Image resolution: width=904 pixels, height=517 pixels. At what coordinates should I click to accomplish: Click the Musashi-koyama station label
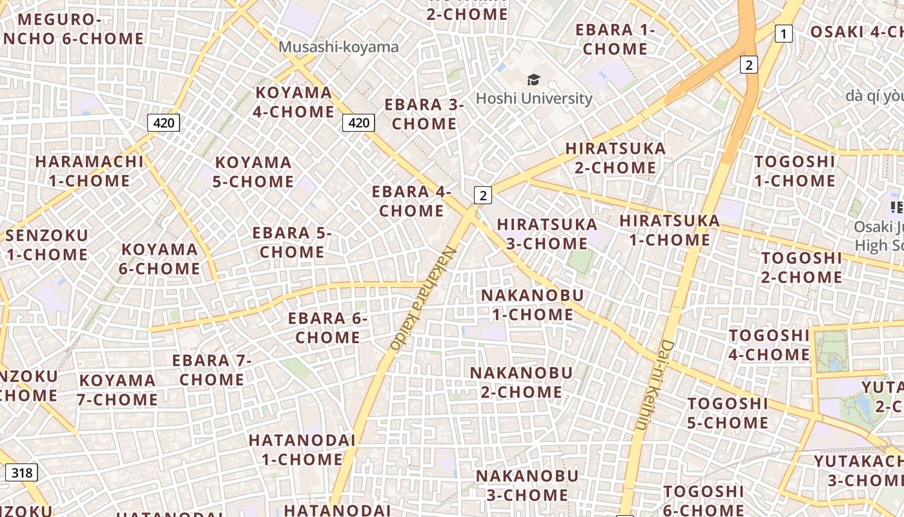(338, 47)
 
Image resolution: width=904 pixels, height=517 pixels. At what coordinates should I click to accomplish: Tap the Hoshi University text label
(533, 98)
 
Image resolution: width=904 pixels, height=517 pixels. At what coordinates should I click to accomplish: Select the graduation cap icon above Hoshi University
(533, 80)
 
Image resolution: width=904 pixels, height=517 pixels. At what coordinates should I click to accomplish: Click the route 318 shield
(21, 472)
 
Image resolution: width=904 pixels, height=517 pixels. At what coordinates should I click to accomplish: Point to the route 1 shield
(783, 34)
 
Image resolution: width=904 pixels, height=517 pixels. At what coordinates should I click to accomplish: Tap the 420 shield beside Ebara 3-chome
(358, 122)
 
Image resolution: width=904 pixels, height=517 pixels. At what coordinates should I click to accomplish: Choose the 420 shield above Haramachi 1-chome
(163, 122)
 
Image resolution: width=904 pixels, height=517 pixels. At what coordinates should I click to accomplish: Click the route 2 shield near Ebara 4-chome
(482, 195)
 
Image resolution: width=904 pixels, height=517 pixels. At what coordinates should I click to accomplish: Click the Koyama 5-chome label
(254, 172)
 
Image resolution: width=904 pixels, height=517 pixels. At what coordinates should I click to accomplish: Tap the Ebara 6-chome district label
(327, 328)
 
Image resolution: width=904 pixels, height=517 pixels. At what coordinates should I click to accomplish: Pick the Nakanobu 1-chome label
(532, 305)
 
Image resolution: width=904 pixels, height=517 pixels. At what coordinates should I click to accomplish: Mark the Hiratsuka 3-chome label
(546, 234)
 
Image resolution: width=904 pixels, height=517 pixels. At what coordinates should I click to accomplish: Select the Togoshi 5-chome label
(728, 414)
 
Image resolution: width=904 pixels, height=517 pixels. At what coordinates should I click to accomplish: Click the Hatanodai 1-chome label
(302, 450)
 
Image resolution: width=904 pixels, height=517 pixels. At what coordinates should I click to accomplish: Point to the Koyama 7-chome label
(118, 390)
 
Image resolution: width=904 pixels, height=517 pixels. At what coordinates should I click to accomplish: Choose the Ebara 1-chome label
(615, 39)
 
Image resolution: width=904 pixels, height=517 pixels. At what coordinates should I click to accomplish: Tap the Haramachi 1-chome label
(89, 171)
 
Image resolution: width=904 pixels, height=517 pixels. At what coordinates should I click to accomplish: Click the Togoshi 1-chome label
(795, 171)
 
